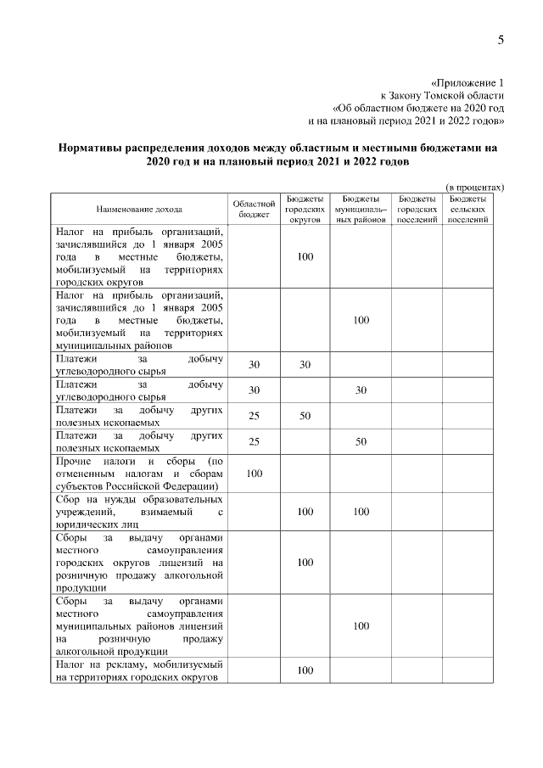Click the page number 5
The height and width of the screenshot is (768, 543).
[501, 40]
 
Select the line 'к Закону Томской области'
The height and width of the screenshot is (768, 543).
[443, 96]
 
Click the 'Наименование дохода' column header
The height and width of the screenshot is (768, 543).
[138, 208]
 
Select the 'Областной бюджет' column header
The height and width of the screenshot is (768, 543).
[254, 209]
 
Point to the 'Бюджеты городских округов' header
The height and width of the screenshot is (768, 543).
[305, 209]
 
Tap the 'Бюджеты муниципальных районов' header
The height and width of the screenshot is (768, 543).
[361, 209]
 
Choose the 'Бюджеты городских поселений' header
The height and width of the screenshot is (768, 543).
[417, 209]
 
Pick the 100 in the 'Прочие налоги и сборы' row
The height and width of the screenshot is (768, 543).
[254, 474]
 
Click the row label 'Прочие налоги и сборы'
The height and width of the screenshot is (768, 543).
[138, 474]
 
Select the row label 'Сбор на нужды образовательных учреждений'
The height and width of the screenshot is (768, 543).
[138, 513]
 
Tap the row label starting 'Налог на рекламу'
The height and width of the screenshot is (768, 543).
[138, 670]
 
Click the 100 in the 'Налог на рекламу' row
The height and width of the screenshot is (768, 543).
[305, 670]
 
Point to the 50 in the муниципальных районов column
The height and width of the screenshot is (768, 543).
[361, 442]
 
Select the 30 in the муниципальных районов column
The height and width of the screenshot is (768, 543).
[361, 390]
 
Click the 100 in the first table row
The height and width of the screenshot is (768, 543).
[305, 256]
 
